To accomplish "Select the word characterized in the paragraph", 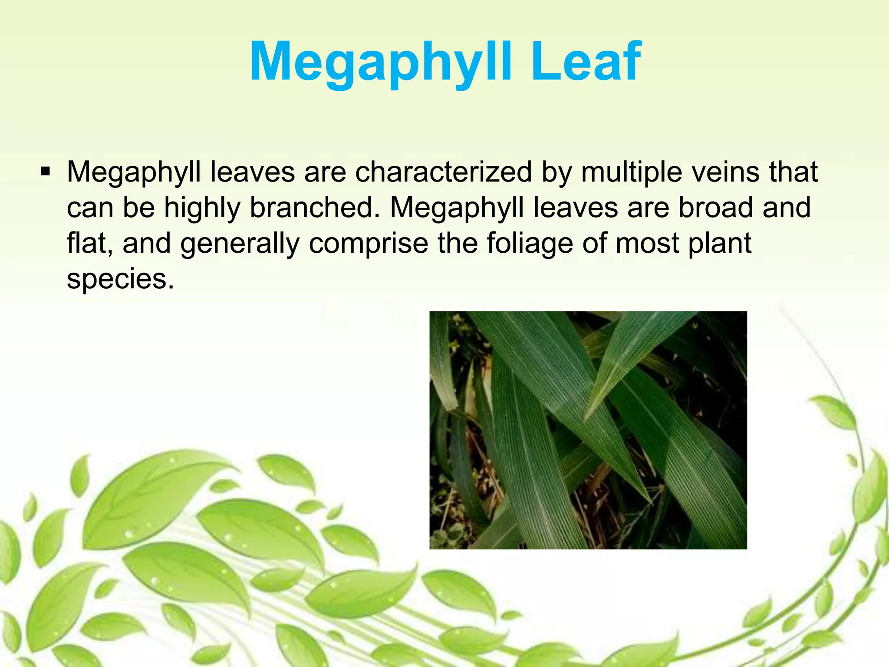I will pyautogui.click(x=443, y=172).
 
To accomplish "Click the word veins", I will pyautogui.click(x=725, y=172).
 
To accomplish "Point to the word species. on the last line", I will pyautogui.click(x=120, y=279).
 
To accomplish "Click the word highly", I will pyautogui.click(x=202, y=208).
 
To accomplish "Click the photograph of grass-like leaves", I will pyautogui.click(x=588, y=430).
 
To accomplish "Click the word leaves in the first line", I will pyautogui.click(x=252, y=172).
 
